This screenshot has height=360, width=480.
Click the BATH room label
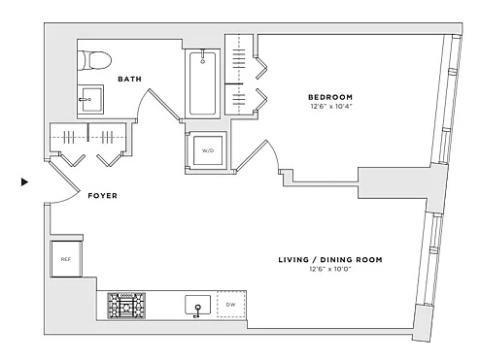click(130, 79)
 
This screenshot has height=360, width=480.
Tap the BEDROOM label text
click(330, 97)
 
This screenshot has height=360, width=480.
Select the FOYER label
click(102, 196)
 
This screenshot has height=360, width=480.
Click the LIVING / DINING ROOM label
click(330, 260)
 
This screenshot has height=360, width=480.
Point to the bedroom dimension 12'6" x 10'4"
click(331, 107)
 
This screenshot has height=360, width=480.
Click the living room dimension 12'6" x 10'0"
click(331, 269)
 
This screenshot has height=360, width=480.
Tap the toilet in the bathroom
click(95, 60)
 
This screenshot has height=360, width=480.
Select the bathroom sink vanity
click(91, 100)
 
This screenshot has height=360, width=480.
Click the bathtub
click(202, 83)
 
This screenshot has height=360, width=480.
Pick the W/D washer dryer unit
click(208, 150)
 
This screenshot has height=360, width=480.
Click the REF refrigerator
click(66, 259)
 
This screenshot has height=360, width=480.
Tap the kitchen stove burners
click(126, 306)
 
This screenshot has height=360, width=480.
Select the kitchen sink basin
click(198, 305)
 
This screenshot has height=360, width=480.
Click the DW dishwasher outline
click(231, 305)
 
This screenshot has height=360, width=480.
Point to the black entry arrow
click(24, 182)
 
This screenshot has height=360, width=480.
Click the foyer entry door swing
click(63, 180)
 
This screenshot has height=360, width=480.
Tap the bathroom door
click(158, 104)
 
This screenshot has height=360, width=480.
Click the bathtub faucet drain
click(202, 56)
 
